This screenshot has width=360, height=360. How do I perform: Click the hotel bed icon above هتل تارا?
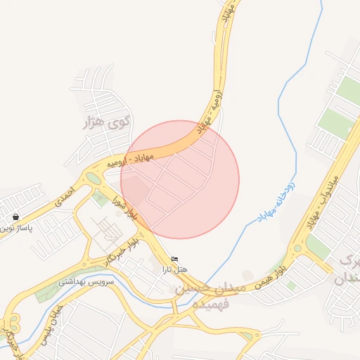pyautogui.click(x=175, y=260)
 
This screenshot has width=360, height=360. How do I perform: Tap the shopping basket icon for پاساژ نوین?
pyautogui.click(x=15, y=217)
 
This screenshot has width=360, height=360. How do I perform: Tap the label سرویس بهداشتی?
pyautogui.click(x=79, y=281)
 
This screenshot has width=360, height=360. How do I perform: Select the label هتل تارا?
pyautogui.click(x=175, y=270)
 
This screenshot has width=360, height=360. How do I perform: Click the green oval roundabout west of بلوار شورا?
pyautogui.click(x=94, y=178)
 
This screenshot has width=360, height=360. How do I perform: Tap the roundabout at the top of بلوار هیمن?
pyautogui.click(x=297, y=248)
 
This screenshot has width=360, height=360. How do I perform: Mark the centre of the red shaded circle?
pyautogui.click(x=180, y=179)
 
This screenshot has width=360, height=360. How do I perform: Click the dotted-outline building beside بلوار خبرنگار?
pyautogui.click(x=107, y=228)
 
